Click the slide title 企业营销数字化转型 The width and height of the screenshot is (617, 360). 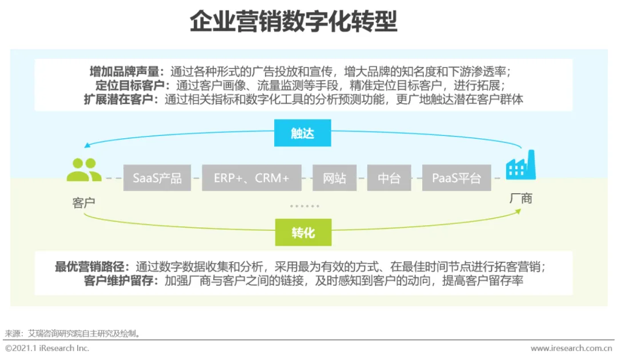[293, 23]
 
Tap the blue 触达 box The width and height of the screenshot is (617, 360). [303, 134]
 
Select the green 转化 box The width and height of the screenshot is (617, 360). [303, 233]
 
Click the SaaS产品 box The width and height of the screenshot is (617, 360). [157, 178]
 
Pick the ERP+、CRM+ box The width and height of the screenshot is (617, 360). [251, 178]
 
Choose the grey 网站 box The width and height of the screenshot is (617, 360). [334, 178]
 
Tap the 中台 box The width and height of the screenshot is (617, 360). [388, 178]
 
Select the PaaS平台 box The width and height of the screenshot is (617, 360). [456, 178]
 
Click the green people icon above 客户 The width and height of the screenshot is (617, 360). [84, 170]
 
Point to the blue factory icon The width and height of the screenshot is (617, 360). [520, 165]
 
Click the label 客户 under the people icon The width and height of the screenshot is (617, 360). [84, 203]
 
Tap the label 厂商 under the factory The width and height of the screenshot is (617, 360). [520, 198]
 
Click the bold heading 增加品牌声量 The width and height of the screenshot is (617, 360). [126, 72]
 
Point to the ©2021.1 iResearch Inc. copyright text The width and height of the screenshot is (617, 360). [47, 348]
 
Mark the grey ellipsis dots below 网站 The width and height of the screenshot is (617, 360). [305, 206]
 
